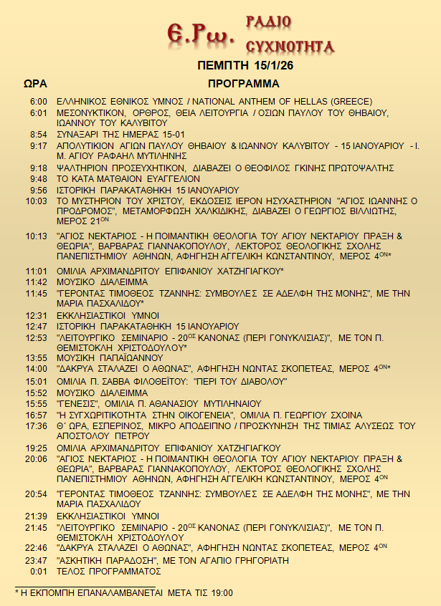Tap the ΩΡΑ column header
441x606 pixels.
(36, 84)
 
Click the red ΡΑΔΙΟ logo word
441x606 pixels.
(267, 21)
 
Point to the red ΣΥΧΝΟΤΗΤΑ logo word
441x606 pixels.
(290, 47)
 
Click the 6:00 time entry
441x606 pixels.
(39, 102)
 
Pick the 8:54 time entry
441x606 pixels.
(39, 134)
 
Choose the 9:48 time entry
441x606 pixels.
(39, 178)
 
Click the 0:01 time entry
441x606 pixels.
(39, 571)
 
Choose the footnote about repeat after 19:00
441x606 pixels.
(124, 593)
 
